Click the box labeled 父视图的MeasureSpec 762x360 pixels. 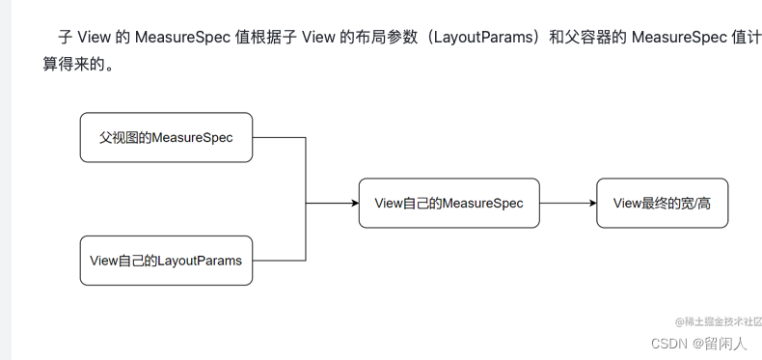tap(166, 137)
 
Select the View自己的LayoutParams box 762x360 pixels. tap(166, 260)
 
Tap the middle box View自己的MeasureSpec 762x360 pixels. tap(449, 203)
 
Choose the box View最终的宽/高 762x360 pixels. tap(661, 203)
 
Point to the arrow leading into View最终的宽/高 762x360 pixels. tap(590, 203)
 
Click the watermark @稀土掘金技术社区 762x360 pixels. tap(719, 321)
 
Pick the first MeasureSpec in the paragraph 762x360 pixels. tap(181, 39)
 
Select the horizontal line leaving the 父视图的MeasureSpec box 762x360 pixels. tap(280, 137)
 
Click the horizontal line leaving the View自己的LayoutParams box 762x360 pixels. tap(280, 260)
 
